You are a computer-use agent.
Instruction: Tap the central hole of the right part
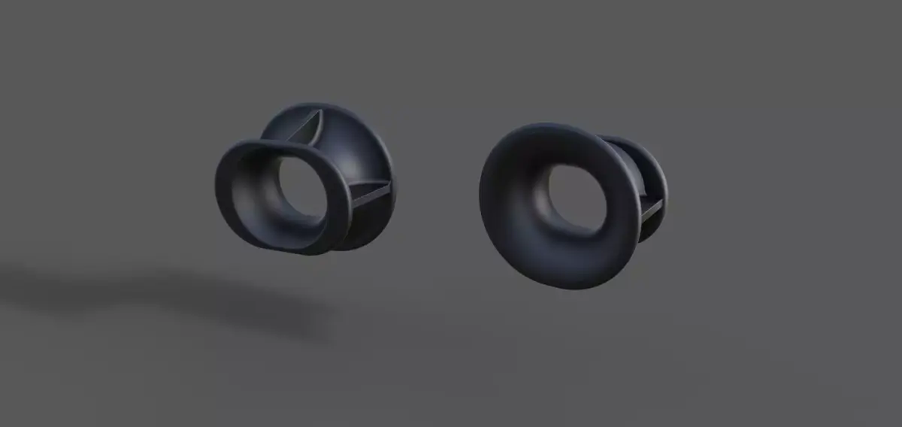coord(571,198)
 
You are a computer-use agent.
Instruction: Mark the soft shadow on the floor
coord(165,297)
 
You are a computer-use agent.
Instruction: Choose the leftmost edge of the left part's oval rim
coord(218,188)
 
